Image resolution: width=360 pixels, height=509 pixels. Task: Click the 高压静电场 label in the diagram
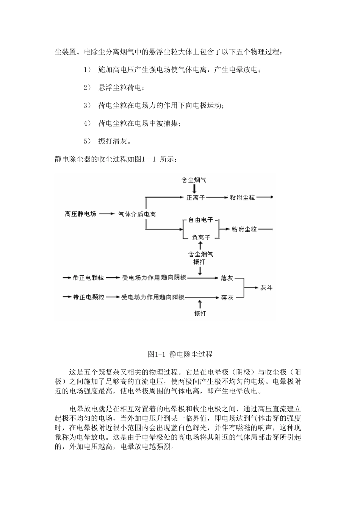coord(80,214)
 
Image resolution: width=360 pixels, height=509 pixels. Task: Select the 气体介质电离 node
coord(137,214)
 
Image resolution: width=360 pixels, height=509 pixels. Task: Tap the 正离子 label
coord(195,197)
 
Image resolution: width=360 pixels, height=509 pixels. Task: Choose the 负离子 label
coord(201,237)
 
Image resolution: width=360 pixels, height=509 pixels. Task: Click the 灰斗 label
coord(266,288)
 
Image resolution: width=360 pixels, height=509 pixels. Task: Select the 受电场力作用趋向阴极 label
coord(154,278)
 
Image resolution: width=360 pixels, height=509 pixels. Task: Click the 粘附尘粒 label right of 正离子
coord(243,197)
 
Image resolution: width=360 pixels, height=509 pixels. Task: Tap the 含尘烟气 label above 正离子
coord(194,180)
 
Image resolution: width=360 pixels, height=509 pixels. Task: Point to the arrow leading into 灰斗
coord(251,288)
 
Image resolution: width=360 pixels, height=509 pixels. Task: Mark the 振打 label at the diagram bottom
coord(200,313)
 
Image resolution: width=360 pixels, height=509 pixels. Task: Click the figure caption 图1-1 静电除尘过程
coord(180,354)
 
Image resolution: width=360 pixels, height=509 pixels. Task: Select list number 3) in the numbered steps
coord(87,106)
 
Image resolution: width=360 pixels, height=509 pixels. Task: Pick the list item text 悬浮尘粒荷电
coord(121,88)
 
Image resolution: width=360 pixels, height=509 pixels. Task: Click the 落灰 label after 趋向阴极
coord(227,278)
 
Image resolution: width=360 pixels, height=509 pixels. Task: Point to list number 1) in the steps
coord(87,70)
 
